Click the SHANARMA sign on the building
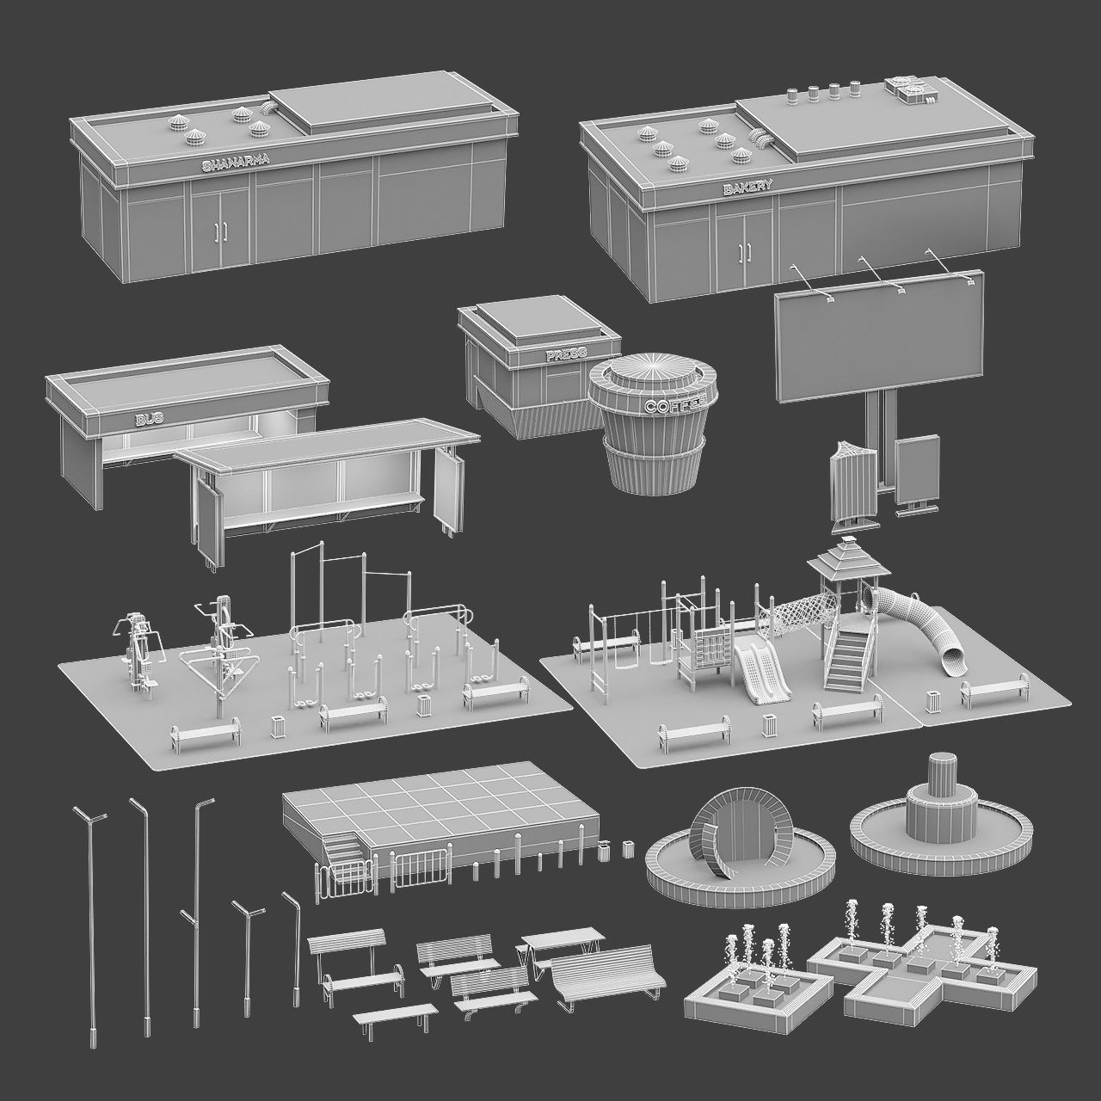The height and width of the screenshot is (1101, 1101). pyautogui.click(x=235, y=162)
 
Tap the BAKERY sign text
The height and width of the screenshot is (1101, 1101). pyautogui.click(x=747, y=186)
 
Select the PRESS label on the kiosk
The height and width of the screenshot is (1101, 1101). pyautogui.click(x=565, y=354)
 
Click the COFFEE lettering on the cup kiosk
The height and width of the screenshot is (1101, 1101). pyautogui.click(x=674, y=404)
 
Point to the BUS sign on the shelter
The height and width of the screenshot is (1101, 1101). pyautogui.click(x=149, y=419)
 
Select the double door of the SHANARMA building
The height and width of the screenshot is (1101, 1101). pyautogui.click(x=221, y=229)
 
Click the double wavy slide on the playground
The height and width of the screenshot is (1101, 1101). pyautogui.click(x=757, y=674)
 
